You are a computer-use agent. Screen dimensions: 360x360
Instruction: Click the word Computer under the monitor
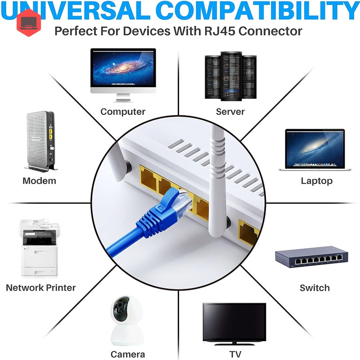[x=123, y=112]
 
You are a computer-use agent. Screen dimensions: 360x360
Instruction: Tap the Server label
[x=230, y=112]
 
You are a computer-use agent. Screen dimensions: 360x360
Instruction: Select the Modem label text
[x=39, y=181]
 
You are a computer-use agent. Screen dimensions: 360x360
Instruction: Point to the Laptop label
[x=317, y=181]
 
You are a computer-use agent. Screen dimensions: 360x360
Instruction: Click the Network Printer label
[x=41, y=288]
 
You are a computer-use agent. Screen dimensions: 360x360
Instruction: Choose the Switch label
[x=315, y=288]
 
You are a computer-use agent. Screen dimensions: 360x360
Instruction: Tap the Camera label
[x=128, y=354]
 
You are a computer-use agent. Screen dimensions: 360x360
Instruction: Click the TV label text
[x=235, y=354]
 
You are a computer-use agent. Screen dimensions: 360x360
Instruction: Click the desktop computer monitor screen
[x=123, y=68]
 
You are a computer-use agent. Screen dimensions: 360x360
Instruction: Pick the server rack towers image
[x=230, y=76]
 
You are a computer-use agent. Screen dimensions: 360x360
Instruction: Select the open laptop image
[x=315, y=150]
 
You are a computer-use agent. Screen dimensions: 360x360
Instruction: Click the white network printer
[x=39, y=247]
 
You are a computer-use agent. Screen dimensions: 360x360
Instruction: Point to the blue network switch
[x=311, y=257]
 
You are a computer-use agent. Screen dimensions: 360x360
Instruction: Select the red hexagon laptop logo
[x=29, y=23]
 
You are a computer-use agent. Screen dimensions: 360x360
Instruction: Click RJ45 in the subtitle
[x=220, y=31]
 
